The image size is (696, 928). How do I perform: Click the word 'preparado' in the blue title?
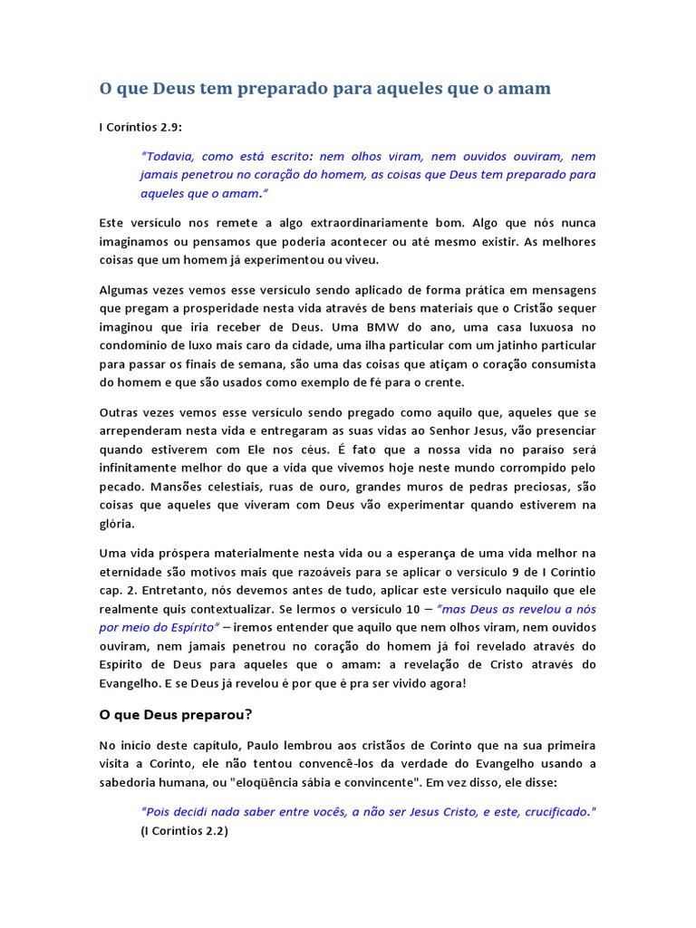(x=304, y=89)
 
